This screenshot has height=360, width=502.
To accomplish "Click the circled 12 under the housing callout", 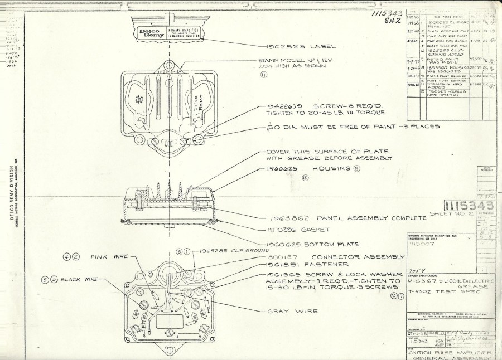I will (305, 177).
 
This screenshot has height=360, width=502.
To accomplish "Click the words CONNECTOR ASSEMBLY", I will (364, 257).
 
